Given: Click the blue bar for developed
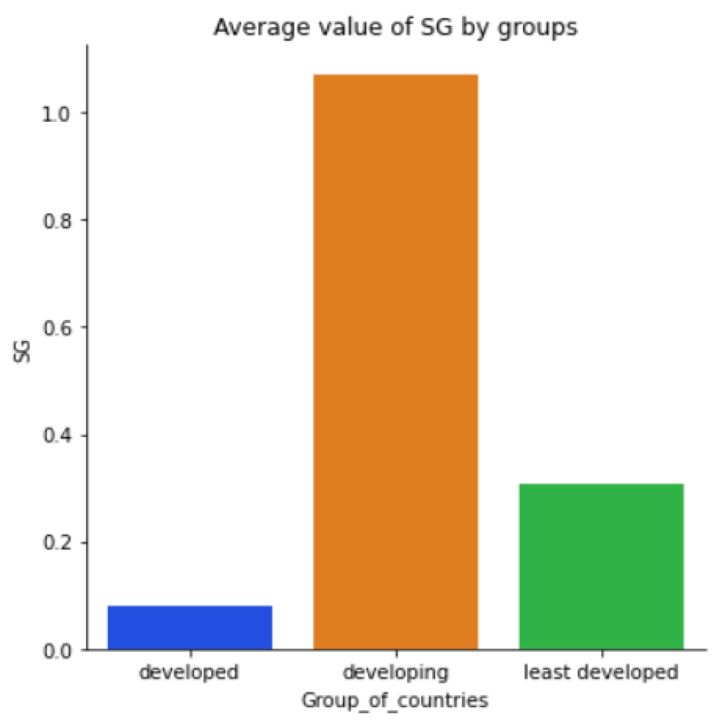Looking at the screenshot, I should pyautogui.click(x=190, y=627).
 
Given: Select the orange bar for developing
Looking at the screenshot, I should pyautogui.click(x=396, y=362).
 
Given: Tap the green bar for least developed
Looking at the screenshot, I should pyautogui.click(x=601, y=566).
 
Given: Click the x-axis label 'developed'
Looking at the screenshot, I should pyautogui.click(x=189, y=673).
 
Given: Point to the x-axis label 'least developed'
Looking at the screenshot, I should pyautogui.click(x=601, y=673).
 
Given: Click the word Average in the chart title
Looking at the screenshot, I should pyautogui.click(x=256, y=27).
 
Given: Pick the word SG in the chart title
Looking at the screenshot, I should pyautogui.click(x=436, y=27).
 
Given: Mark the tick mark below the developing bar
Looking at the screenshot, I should pyautogui.click(x=396, y=654).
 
